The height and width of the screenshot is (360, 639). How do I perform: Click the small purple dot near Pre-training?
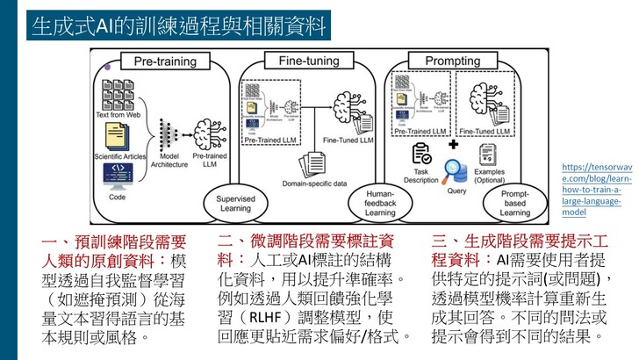click(107, 67)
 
